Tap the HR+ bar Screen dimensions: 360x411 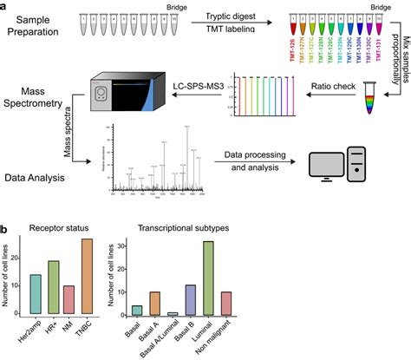point(54,287)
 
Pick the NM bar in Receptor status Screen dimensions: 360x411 point(69,299)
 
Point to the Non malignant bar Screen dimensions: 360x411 point(227,302)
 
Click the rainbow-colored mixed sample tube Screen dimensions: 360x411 point(373,90)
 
